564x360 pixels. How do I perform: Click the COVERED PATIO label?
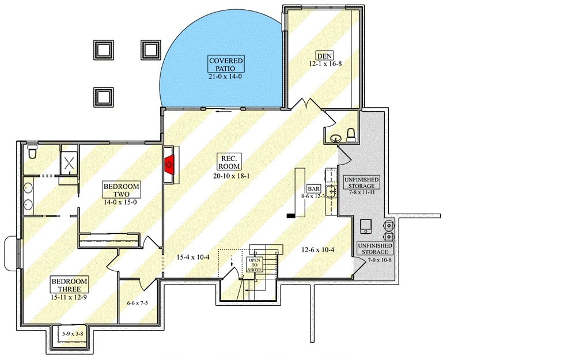(x=226, y=64)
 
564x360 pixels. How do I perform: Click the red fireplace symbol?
(x=170, y=165)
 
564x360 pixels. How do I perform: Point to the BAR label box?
(x=313, y=189)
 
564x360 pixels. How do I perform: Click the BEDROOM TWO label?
(x=121, y=190)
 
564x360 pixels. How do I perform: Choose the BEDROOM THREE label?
(x=69, y=284)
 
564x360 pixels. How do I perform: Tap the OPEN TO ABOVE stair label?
(x=254, y=265)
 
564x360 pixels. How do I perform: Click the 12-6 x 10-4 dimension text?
(x=319, y=249)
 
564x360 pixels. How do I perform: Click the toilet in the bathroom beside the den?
(x=351, y=134)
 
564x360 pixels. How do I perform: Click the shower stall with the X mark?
(x=69, y=163)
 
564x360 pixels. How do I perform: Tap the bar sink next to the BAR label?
(x=331, y=192)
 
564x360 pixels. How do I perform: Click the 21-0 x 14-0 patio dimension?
(x=226, y=75)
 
